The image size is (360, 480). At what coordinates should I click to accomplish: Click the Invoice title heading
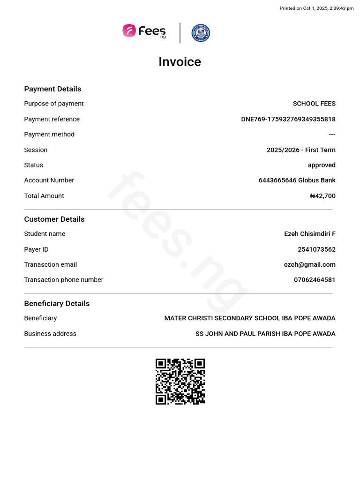[180, 62]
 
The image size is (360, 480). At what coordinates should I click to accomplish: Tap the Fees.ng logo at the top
[144, 31]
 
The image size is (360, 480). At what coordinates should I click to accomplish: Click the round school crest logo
[201, 33]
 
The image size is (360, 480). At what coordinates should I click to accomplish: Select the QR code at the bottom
[180, 382]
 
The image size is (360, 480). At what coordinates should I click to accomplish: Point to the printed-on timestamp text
[316, 8]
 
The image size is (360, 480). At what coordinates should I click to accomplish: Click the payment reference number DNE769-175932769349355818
[288, 119]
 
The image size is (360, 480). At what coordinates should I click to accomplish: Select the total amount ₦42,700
[322, 196]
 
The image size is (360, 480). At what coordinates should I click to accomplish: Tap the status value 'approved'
[322, 165]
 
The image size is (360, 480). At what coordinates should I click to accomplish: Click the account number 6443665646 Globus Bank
[297, 180]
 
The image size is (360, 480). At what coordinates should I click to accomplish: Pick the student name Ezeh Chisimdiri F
[309, 234]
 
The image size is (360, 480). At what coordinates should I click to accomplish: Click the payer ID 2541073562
[316, 249]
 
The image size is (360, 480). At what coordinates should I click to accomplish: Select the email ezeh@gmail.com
[309, 264]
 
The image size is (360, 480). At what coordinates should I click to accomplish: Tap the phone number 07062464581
[315, 280]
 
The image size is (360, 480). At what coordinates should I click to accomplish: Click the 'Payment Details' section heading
[52, 89]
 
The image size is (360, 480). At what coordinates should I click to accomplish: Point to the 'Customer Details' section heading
[54, 219]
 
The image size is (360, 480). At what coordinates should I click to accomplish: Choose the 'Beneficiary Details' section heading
[57, 304]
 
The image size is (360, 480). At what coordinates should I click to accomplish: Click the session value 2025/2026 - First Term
[301, 150]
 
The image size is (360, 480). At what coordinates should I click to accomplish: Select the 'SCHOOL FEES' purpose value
[314, 104]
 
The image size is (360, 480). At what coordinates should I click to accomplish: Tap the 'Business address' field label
[50, 334]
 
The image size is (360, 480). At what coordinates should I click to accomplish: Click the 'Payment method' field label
[49, 135]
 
